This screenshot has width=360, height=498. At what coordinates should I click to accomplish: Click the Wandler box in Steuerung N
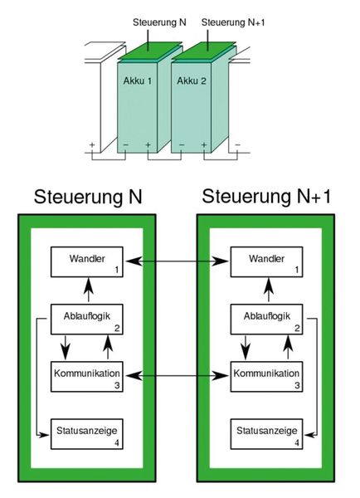(88, 262)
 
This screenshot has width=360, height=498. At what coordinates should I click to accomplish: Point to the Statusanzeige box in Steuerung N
(88, 435)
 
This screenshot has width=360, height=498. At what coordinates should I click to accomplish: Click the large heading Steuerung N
(88, 197)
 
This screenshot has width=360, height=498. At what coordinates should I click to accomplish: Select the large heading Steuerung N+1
(268, 197)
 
